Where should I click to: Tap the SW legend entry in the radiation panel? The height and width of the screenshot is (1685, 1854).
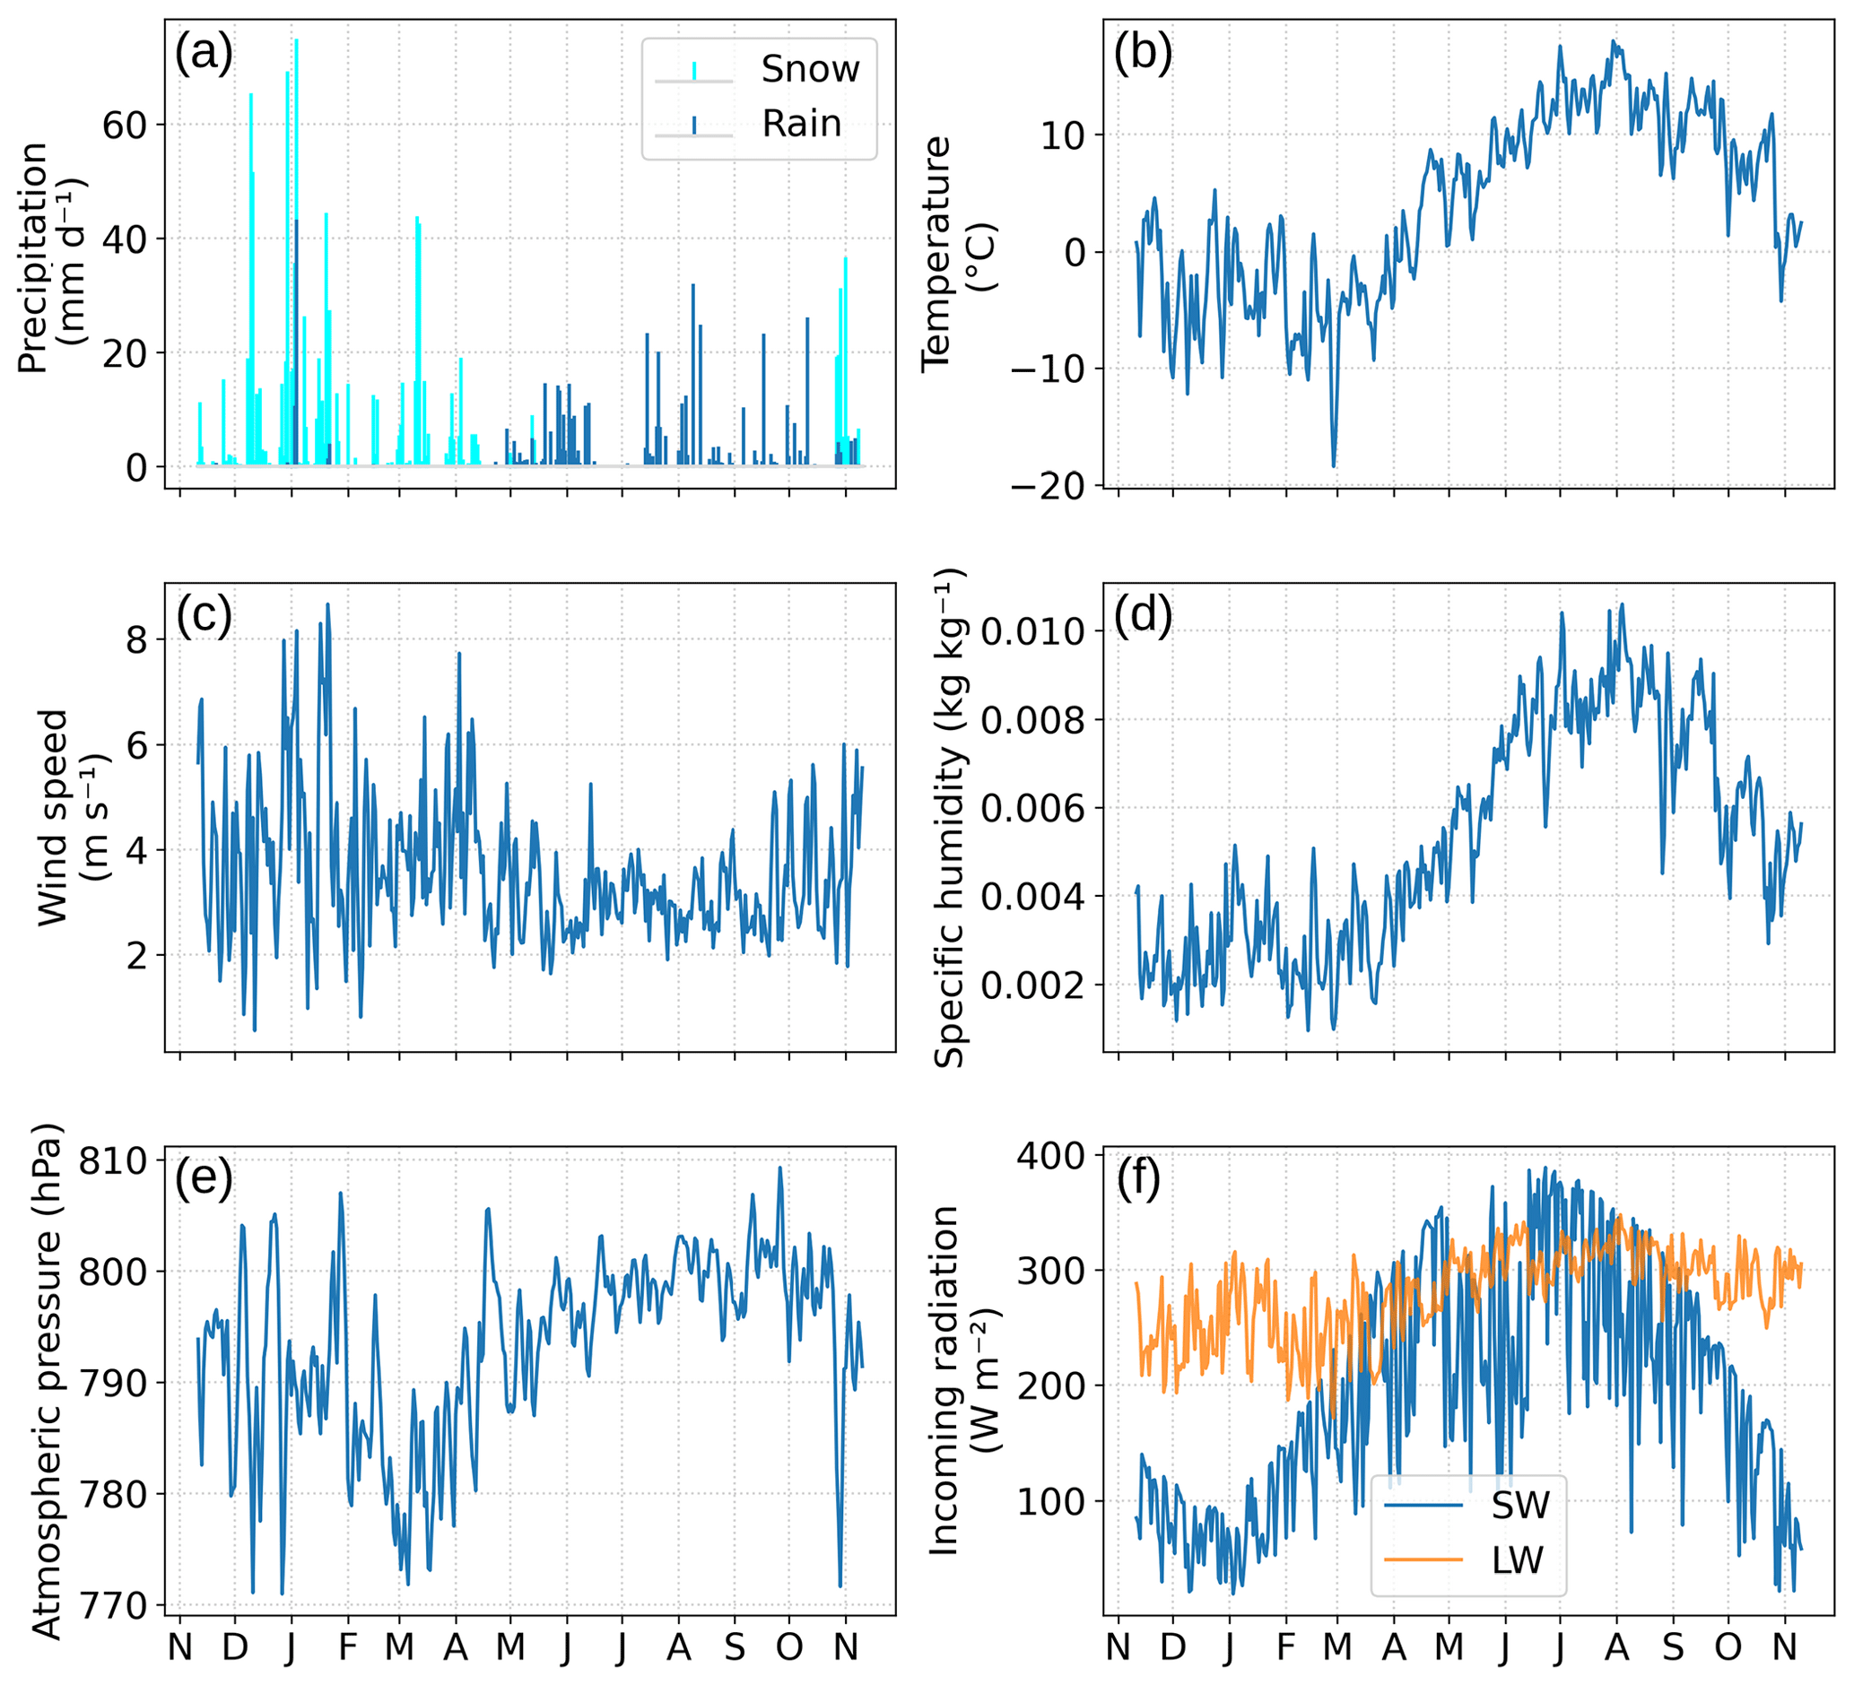(1520, 1505)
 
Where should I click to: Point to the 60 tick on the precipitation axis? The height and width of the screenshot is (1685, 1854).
(124, 126)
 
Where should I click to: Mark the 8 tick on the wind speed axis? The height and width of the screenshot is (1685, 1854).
(136, 639)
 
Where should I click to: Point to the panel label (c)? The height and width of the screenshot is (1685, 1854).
(204, 615)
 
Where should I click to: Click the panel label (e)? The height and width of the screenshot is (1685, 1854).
(204, 1177)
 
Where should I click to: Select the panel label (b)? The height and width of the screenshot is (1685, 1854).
(1142, 53)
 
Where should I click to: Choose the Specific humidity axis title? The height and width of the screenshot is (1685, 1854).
(948, 818)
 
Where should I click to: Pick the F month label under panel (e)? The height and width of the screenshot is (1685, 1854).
(348, 1648)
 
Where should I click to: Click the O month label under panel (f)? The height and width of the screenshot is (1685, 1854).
(1728, 1648)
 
